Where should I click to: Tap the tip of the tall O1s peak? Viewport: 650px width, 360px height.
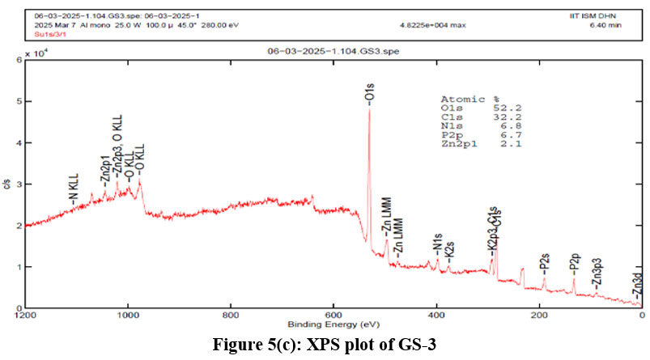tap(369, 108)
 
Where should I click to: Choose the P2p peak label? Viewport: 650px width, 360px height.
tap(574, 260)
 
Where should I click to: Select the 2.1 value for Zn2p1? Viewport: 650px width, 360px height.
tap(511, 144)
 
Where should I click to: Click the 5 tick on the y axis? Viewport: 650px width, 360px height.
tap(18, 102)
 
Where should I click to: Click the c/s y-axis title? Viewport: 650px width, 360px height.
tap(7, 184)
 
